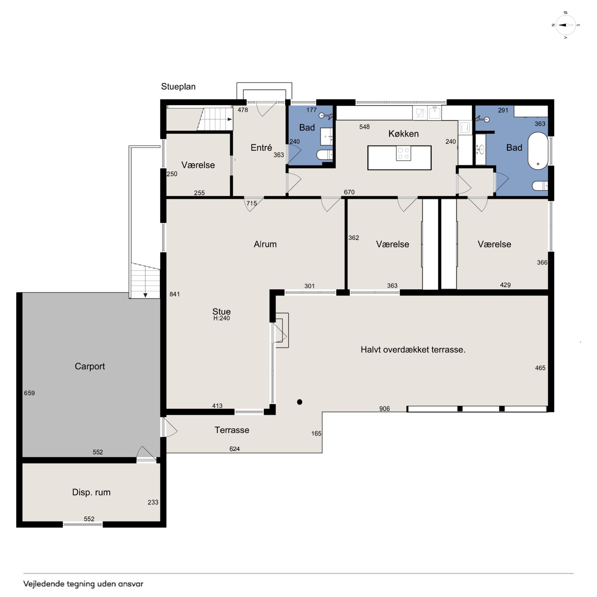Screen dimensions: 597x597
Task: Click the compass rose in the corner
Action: [x=566, y=25]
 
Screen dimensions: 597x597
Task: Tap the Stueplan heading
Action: [x=178, y=87]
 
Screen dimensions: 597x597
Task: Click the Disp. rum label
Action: [x=91, y=492]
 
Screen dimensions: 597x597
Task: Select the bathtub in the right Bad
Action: [x=538, y=151]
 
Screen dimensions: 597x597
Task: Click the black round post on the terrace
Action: [x=299, y=402]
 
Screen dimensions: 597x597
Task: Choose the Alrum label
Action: [x=265, y=244]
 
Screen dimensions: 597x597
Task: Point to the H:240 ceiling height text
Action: [x=222, y=318]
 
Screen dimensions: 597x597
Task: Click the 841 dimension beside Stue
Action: [x=175, y=294]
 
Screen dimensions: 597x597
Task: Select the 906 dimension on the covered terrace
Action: [x=384, y=409]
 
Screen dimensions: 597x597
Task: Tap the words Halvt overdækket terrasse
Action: [x=413, y=349]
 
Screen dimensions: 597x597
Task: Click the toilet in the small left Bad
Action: [x=325, y=155]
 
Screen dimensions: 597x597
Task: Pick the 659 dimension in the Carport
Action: [x=29, y=393]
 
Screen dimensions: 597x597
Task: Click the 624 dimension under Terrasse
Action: [x=234, y=449]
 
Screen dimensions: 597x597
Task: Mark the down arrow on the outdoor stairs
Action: [x=145, y=295]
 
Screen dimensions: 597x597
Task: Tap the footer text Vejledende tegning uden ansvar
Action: [x=83, y=584]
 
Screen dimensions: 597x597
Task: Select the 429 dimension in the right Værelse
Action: [x=505, y=285]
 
